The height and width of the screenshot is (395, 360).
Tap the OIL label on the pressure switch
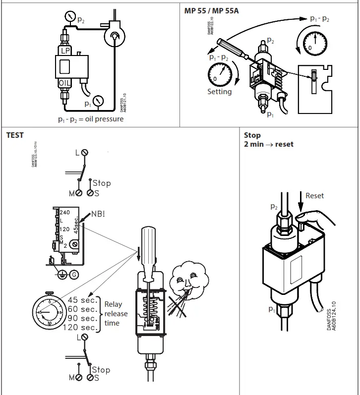(65, 82)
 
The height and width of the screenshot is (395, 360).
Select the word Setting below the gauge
(219, 92)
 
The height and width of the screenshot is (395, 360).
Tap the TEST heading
(15, 135)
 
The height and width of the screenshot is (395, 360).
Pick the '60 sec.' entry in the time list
(82, 309)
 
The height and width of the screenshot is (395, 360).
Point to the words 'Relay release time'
(116, 314)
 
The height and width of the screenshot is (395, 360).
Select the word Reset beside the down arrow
(314, 196)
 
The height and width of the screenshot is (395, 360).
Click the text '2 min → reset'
(268, 144)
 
